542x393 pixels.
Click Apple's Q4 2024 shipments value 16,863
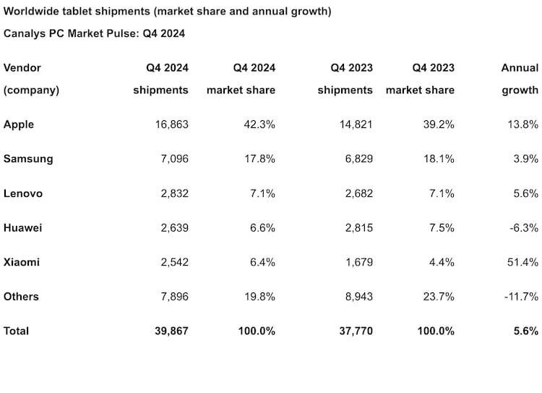[171, 124]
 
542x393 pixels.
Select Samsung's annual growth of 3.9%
[524, 159]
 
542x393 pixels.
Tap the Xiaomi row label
[22, 262]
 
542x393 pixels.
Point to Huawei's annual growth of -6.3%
[522, 227]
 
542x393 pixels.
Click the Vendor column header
[22, 68]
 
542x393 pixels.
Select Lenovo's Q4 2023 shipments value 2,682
[358, 193]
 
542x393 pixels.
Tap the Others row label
[21, 297]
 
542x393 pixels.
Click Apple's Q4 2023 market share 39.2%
[438, 124]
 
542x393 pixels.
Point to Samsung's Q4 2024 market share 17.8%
[259, 159]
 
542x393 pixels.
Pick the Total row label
[17, 331]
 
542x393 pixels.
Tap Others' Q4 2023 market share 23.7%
[438, 297]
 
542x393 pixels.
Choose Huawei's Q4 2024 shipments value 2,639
[173, 227]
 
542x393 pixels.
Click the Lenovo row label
[23, 193]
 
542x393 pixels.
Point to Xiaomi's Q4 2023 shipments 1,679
[358, 262]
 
